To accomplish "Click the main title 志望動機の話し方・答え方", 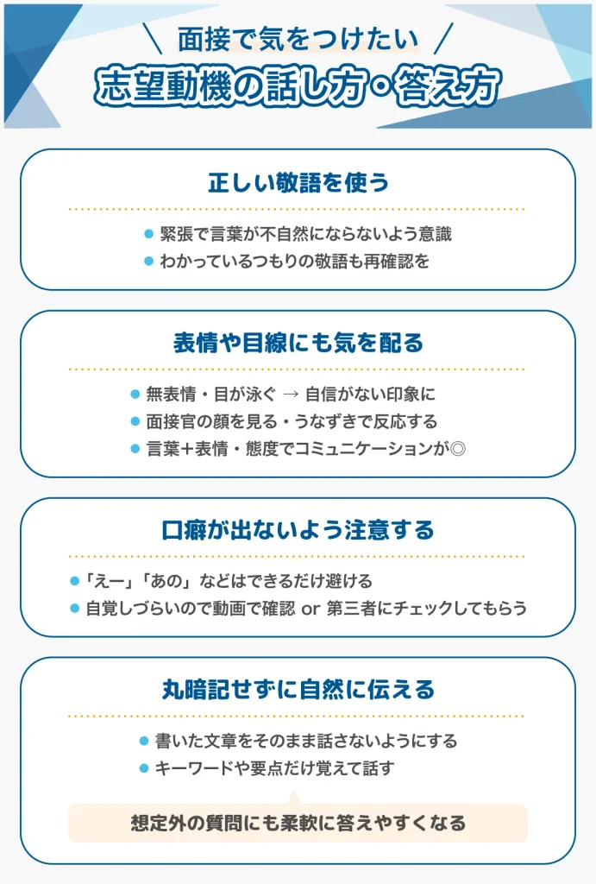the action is tap(298, 86).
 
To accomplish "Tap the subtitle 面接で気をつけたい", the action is tap(298, 39).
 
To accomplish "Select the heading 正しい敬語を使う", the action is tap(298, 183).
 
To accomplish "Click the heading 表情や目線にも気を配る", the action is tap(298, 343).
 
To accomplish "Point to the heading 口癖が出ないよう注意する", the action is tap(298, 530).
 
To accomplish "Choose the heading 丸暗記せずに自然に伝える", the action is tap(298, 690).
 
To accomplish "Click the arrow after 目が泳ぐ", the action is tap(291, 394).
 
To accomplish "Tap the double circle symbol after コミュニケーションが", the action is tap(458, 449).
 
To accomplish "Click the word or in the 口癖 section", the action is tap(311, 609).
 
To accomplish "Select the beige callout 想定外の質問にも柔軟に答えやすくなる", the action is tap(298, 823).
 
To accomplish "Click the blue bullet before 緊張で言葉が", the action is tap(148, 234).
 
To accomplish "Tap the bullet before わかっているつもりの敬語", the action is tap(148, 261).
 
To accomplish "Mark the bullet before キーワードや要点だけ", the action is tap(144, 768).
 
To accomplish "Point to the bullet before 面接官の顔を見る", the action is tap(135, 421).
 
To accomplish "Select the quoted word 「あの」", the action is tap(166, 581).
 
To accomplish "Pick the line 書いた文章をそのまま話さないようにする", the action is tap(306, 741).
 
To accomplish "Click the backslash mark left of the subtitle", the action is tap(152, 38).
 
